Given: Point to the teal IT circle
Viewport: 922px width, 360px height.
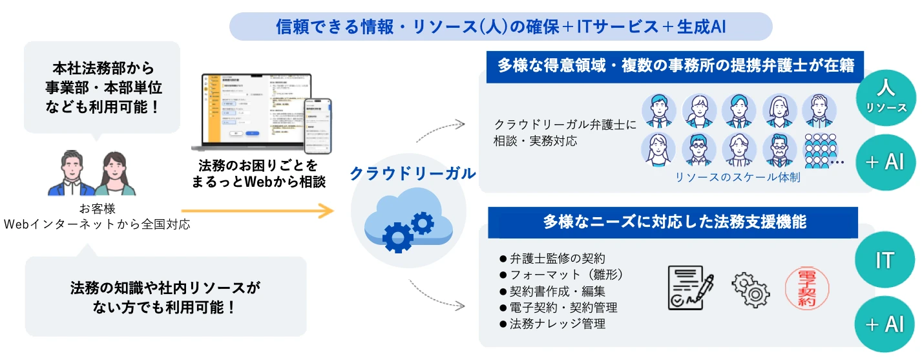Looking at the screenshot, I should [884, 260].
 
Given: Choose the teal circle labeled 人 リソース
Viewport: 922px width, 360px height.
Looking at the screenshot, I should [884, 96].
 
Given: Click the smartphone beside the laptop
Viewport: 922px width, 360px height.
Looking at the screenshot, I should [318, 125].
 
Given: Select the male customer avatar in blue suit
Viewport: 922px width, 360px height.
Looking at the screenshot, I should [73, 175].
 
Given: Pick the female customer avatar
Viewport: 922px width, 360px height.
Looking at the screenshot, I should [115, 175].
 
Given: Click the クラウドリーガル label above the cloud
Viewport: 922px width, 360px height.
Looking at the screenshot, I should [412, 173].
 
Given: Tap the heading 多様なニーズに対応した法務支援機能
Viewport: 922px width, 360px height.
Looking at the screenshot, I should [672, 222].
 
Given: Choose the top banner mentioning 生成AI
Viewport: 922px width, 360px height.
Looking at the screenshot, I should [501, 26].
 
